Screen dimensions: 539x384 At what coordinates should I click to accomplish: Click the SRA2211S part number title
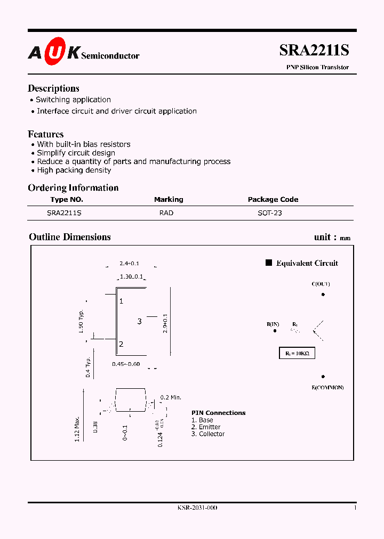coord(314,50)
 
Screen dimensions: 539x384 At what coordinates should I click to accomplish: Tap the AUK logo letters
coord(54,52)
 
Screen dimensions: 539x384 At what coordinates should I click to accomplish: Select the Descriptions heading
coord(53,88)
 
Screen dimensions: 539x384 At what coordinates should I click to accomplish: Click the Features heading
coord(45,134)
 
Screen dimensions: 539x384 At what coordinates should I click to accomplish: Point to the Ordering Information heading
coord(73,187)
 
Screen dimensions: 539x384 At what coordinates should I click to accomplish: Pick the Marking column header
coord(169,199)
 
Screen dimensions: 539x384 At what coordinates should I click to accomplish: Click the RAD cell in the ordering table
coord(166,213)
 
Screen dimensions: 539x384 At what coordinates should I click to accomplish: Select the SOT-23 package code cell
coord(270,213)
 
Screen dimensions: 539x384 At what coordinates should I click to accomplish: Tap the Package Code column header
coord(273,199)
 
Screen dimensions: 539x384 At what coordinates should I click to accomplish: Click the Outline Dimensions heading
coord(70,237)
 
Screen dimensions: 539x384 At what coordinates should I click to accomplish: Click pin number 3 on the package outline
coord(139,321)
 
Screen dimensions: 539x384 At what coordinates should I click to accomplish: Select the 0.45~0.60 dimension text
coord(125,364)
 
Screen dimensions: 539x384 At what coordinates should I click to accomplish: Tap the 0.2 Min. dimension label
coord(171,397)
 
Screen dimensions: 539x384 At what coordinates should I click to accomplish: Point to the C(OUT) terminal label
coord(321,284)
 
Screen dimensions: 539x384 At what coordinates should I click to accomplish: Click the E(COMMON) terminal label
coord(327,387)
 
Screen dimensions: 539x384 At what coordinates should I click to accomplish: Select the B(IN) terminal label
coord(273,323)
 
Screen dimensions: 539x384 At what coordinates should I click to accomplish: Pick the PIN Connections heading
coord(219,413)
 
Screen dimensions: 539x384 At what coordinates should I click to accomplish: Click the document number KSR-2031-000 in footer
coord(197,508)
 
